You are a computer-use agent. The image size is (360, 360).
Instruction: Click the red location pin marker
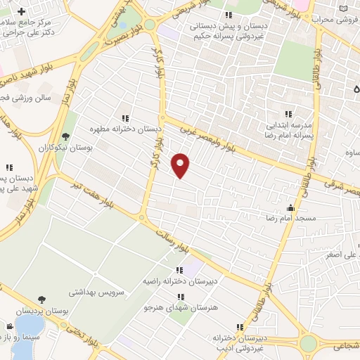point(181,165)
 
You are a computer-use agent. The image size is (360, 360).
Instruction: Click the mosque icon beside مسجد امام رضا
point(290,208)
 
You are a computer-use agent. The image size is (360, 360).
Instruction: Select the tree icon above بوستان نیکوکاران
point(66,136)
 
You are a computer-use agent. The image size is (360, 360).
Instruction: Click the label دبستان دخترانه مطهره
point(125,129)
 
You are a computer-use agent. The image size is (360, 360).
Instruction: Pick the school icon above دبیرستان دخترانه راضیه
point(179,270)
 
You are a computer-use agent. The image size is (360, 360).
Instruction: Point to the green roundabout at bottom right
point(308,343)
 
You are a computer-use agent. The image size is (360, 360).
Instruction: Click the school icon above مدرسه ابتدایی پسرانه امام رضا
point(287,114)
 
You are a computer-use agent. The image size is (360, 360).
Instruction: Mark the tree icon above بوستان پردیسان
point(42,300)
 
